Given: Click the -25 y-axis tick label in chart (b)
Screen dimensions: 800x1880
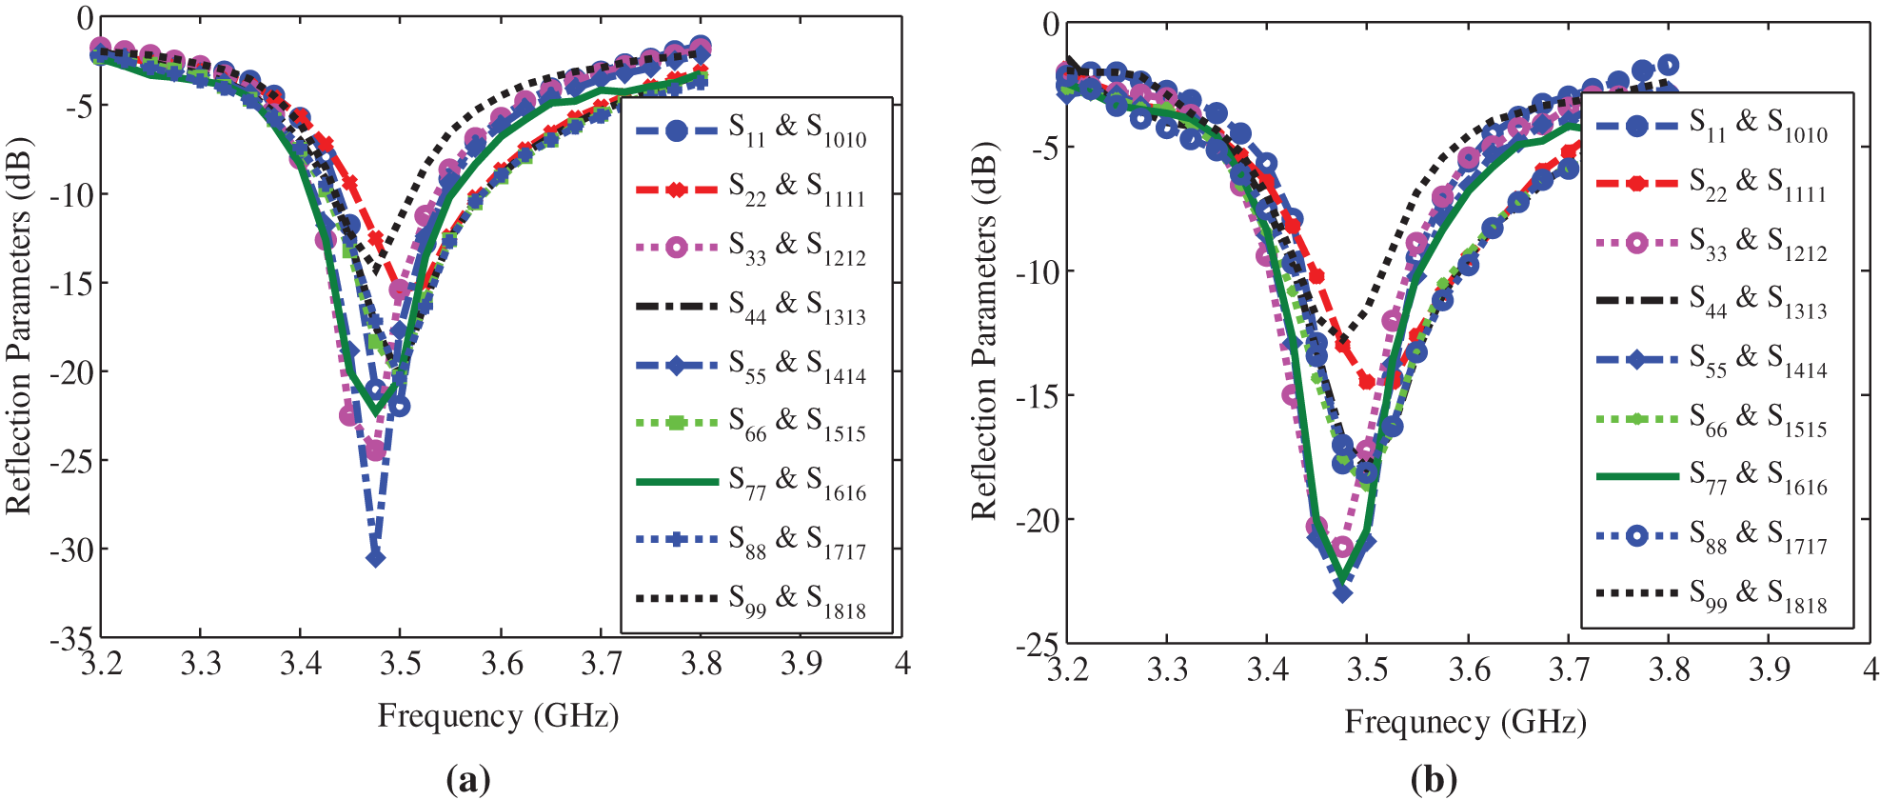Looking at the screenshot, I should [x=1037, y=645].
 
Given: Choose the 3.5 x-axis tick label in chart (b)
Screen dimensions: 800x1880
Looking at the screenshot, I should [x=1368, y=670].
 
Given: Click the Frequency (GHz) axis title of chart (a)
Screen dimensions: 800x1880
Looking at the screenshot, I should [x=498, y=715].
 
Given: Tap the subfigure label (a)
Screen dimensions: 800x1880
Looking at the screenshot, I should [x=468, y=780].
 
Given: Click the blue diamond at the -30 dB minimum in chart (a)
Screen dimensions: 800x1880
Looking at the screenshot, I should [x=376, y=558].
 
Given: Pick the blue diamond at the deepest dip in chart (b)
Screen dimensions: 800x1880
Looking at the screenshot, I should [x=1343, y=593].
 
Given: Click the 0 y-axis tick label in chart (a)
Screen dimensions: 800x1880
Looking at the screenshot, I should [x=86, y=18].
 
